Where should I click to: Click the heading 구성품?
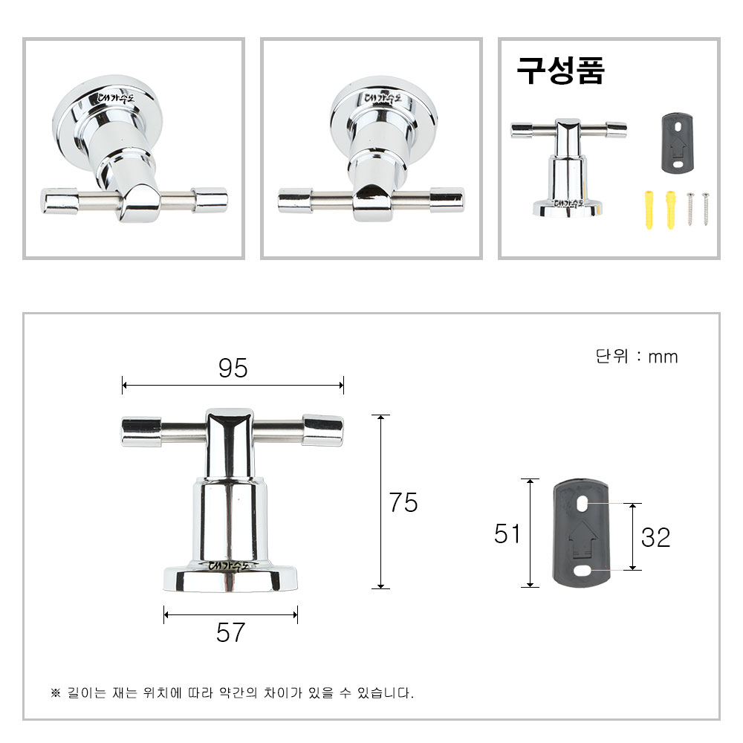pos(560,71)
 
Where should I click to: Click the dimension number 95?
pos(233,368)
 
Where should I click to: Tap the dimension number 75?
pos(403,502)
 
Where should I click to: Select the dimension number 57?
pos(230,632)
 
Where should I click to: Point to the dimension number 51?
pos(507,533)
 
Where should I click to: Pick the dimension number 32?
pos(656,537)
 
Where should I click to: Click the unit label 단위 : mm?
pos(637,357)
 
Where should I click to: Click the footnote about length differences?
pos(232,692)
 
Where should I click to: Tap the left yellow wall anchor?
pos(649,210)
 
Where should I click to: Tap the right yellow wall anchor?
pos(670,210)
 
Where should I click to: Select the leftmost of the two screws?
pos(691,209)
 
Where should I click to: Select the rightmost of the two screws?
pos(706,209)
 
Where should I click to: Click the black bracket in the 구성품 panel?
pos(677,143)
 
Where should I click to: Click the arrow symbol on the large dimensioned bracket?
pos(582,539)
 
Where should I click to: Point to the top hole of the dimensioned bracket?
pos(583,504)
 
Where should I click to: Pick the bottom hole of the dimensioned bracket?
pos(583,570)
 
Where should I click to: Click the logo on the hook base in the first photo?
pos(116,98)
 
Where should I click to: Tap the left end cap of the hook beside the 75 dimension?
pos(140,432)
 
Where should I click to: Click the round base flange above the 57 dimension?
pos(230,577)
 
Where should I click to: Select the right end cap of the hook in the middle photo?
pos(447,200)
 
